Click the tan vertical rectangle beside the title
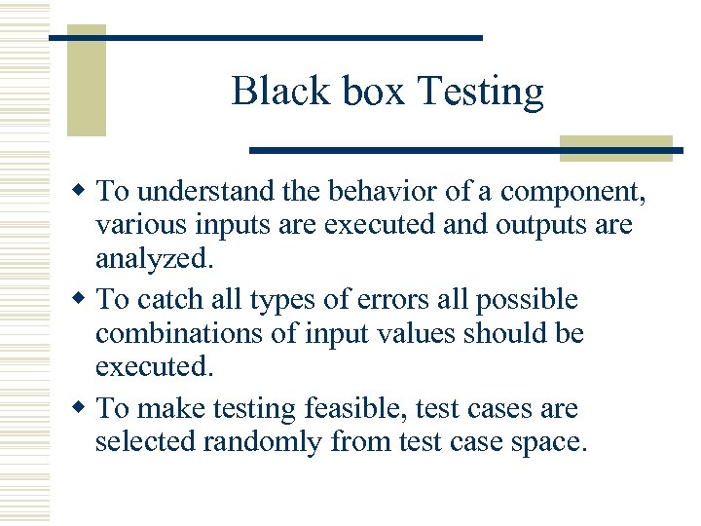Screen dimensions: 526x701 coord(86,80)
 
